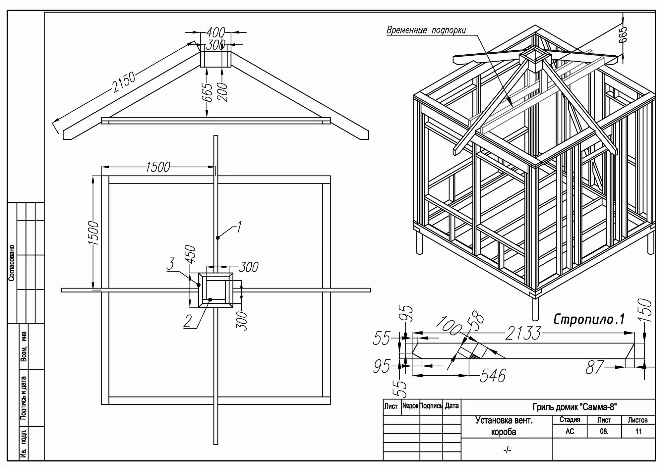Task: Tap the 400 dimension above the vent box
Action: point(215,33)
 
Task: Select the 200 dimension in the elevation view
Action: point(223,92)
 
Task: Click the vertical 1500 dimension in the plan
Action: point(93,233)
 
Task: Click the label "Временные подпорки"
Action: point(426,30)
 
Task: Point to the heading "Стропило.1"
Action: point(589,319)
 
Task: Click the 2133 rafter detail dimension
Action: point(523,333)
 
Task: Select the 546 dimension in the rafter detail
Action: point(493,376)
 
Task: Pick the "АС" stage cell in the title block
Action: point(570,431)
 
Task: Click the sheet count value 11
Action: point(638,431)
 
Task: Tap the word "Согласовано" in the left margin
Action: point(12,263)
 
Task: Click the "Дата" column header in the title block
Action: point(452,406)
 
